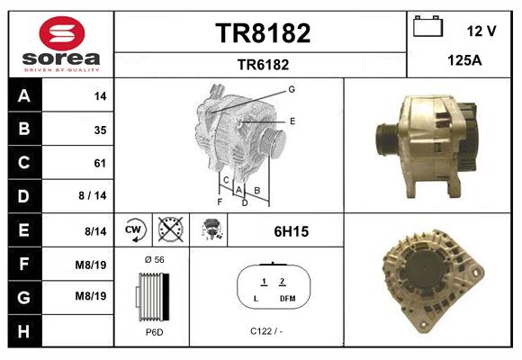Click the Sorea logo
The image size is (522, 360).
coord(61,43)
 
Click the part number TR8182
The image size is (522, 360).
coord(262,33)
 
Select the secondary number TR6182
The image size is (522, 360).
coord(262,64)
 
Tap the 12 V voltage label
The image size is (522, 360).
coord(481,31)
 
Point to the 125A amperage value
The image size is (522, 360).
coord(463,60)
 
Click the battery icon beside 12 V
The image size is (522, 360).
coord(427,28)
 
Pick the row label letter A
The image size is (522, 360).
coord(24,95)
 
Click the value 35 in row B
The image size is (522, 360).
coord(100,130)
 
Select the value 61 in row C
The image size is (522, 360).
coord(100,163)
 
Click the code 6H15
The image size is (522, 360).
coord(291,231)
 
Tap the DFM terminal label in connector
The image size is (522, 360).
coord(287,298)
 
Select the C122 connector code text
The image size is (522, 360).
coord(267,331)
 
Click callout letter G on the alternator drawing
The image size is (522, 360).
coord(292,89)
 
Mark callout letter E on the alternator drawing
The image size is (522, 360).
coord(292,120)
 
